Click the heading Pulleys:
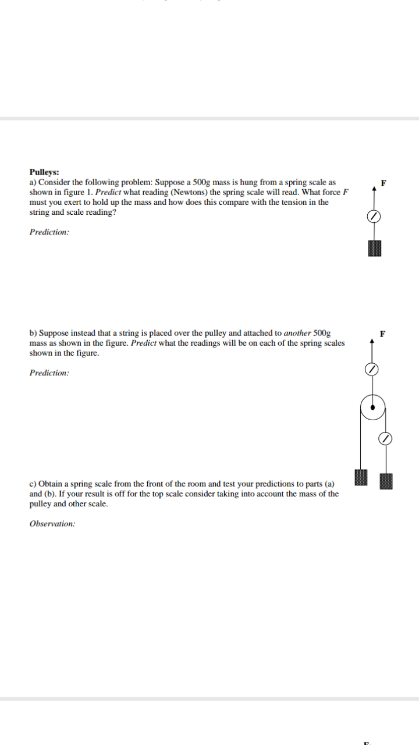[x=44, y=172]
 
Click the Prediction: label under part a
[x=49, y=232]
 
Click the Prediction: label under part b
[x=49, y=372]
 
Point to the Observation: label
[x=52, y=523]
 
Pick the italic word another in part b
[x=297, y=333]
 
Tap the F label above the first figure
[x=382, y=183]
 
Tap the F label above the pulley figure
[x=382, y=334]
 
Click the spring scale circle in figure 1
[x=374, y=217]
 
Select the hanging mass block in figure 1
[x=374, y=249]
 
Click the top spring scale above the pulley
[x=372, y=369]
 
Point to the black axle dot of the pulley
[x=372, y=407]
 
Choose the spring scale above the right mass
[x=385, y=438]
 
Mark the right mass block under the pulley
[x=386, y=481]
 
